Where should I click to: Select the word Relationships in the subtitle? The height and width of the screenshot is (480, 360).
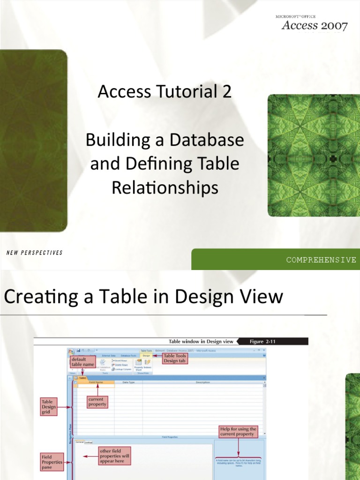[165, 188]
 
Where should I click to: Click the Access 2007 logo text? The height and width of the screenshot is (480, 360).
[315, 25]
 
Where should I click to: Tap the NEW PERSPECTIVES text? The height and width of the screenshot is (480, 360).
[34, 253]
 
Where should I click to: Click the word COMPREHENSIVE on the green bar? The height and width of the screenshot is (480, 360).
[321, 260]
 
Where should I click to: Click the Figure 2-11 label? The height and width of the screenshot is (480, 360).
[262, 342]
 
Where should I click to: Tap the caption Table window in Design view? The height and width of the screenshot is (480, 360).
[201, 342]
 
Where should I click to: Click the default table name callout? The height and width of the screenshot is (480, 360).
[83, 361]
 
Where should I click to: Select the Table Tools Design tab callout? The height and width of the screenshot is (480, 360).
[175, 358]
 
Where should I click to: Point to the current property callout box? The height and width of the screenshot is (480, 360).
[97, 402]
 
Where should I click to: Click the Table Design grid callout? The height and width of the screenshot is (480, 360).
[48, 407]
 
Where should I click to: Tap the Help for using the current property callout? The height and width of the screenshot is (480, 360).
[238, 431]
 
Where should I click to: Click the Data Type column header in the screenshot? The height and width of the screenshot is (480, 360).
[128, 382]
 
